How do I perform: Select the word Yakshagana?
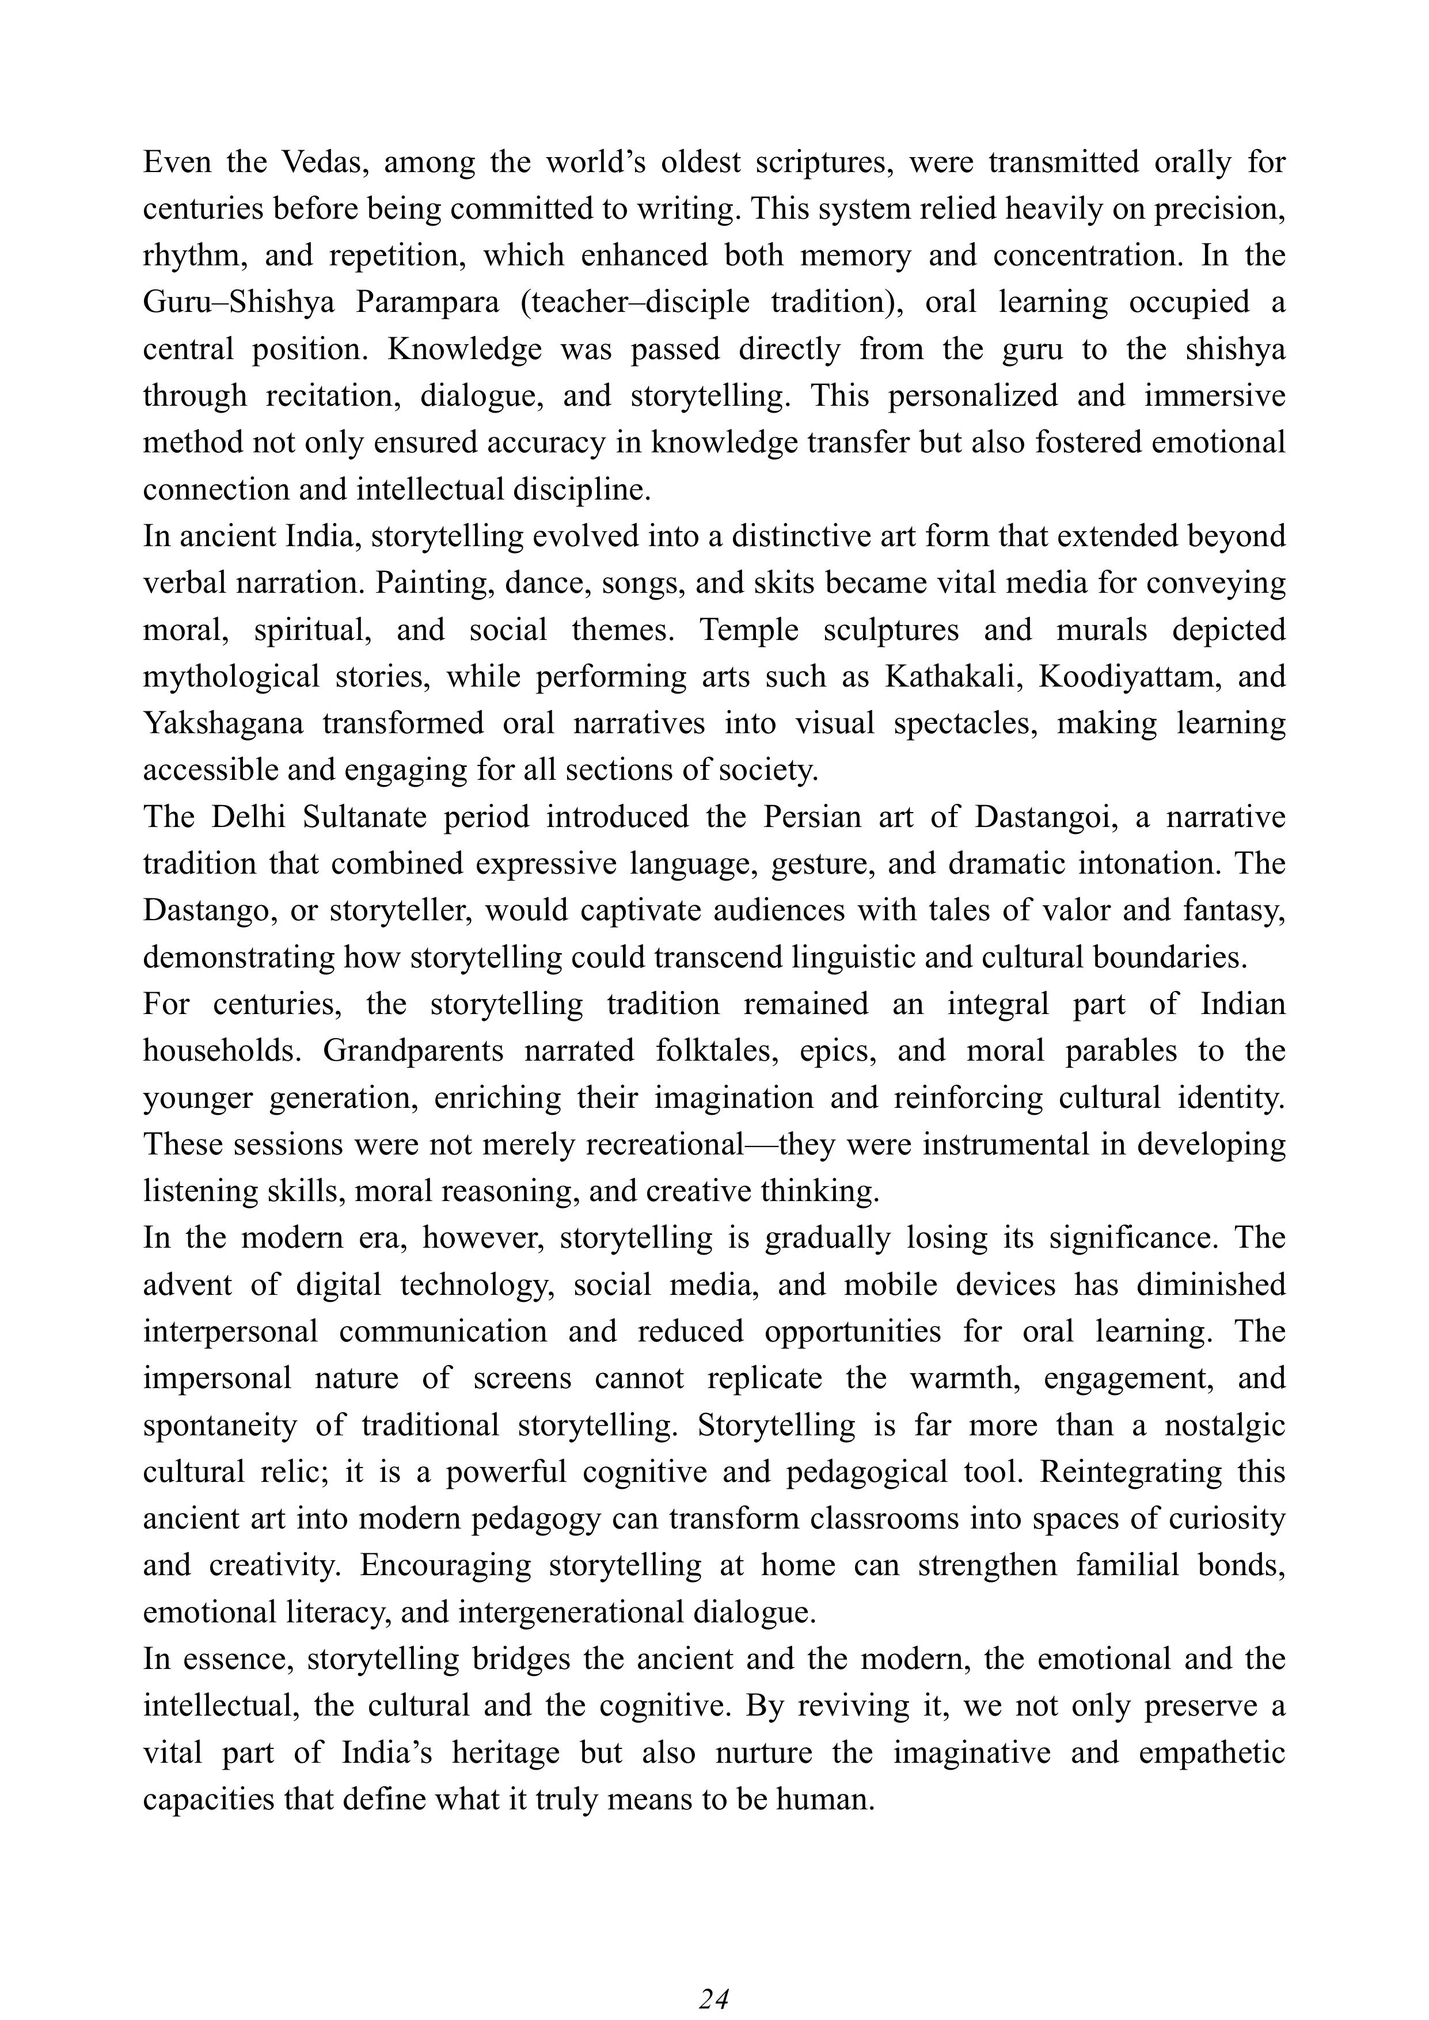click(223, 723)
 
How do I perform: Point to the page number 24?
click(713, 1993)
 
